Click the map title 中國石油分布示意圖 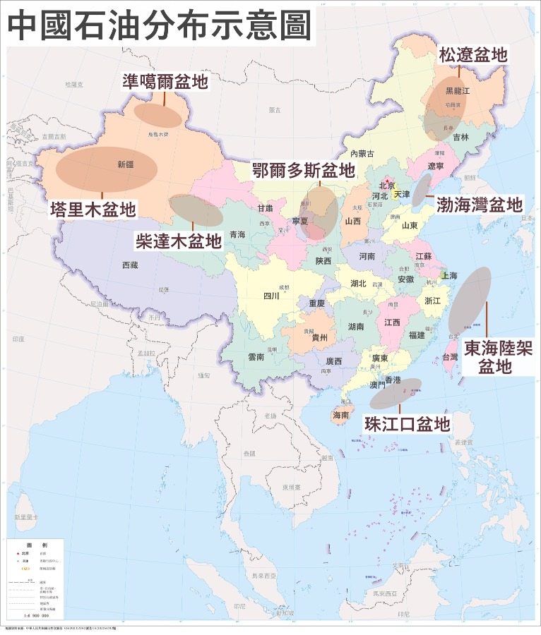159,25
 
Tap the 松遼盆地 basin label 472,55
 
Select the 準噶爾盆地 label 165,81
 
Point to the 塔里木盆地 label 93,209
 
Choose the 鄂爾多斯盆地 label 304,171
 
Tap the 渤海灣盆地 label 480,205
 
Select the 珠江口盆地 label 407,424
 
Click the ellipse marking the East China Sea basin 470,300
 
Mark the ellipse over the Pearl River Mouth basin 396,394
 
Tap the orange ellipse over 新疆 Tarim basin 106,169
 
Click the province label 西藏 130,265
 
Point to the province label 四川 271,296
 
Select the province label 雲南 256,357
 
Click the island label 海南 340,416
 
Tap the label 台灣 450,358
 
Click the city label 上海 448,276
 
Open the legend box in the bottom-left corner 36,579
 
